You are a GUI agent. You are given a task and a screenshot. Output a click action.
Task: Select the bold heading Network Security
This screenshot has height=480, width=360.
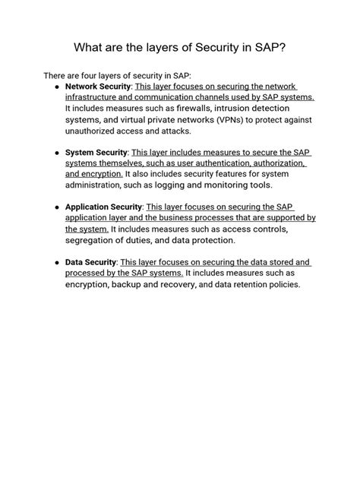[98, 87]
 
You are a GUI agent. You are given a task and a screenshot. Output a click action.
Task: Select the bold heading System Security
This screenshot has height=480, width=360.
[95, 153]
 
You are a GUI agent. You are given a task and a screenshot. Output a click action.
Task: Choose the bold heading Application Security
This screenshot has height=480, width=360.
[103, 207]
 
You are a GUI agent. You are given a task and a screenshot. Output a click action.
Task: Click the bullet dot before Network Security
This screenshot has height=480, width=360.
[58, 87]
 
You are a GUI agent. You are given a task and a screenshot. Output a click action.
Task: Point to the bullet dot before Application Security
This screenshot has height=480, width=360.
[58, 207]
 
